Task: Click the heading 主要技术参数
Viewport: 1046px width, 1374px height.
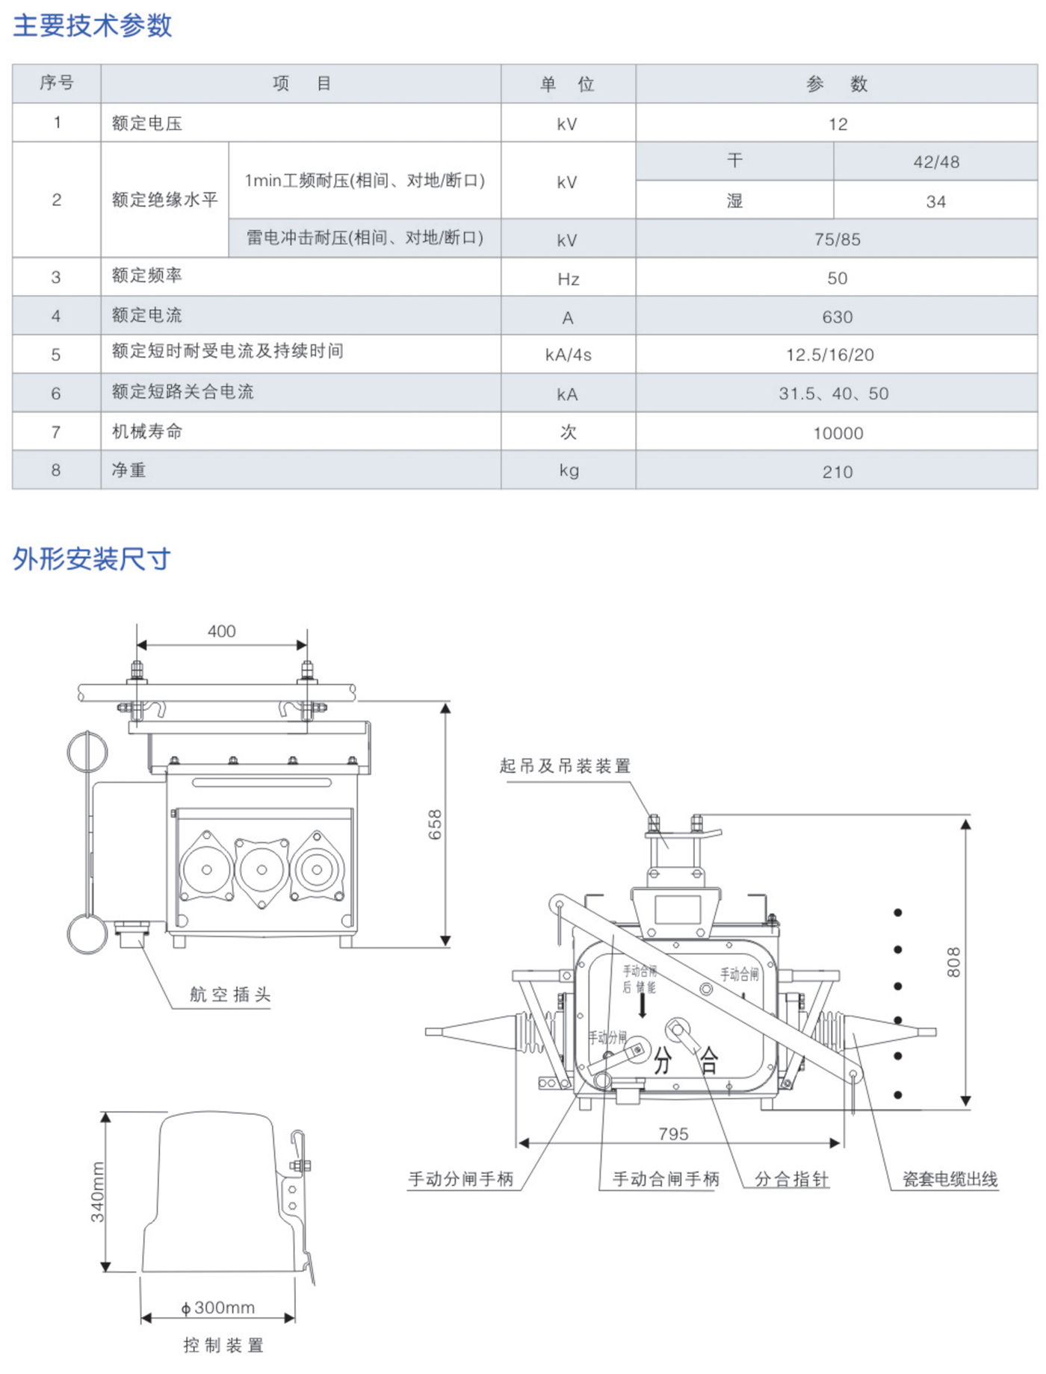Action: (93, 26)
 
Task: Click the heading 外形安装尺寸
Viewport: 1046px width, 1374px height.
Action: (92, 559)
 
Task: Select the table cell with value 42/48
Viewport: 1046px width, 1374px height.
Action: (935, 162)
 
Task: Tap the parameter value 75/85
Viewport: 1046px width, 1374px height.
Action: (837, 240)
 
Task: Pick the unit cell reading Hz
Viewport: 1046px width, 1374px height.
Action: (568, 279)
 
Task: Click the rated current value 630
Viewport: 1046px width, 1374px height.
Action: (837, 317)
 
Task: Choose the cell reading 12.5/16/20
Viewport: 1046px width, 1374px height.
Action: (829, 355)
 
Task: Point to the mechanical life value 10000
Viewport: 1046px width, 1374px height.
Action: (838, 434)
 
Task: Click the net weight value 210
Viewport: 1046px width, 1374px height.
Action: (837, 472)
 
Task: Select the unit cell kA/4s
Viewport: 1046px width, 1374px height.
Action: (568, 355)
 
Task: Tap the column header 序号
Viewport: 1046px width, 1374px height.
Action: (57, 83)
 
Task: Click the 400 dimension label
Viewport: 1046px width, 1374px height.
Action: (221, 632)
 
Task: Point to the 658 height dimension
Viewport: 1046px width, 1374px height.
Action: (435, 824)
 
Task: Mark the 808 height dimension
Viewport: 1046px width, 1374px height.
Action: (953, 962)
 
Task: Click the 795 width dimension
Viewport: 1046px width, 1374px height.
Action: (673, 1134)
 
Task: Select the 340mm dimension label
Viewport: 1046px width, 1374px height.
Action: (98, 1193)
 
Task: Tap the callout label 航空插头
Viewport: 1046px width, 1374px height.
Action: (230, 995)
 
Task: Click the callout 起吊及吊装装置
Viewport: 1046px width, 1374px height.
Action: (565, 766)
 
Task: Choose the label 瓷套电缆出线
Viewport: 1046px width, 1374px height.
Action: (950, 1180)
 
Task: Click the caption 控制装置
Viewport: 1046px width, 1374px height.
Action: (223, 1346)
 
